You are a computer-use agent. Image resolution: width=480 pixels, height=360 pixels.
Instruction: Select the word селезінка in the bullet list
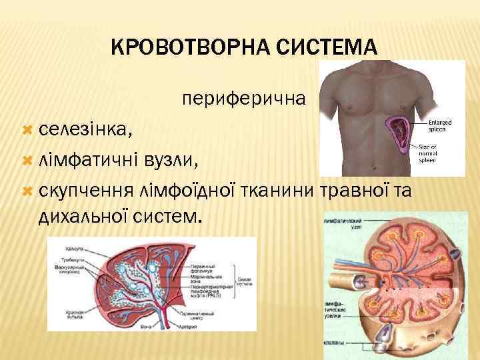[x=85, y=129]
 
